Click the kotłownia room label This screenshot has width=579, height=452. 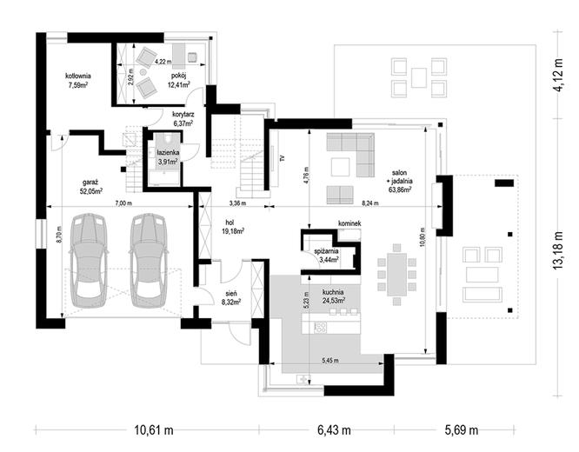pos(78,76)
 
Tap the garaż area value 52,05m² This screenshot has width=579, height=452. pos(91,190)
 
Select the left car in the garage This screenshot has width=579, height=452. pos(89,261)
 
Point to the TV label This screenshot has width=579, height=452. pos(282,158)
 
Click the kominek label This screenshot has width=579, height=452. pos(349,223)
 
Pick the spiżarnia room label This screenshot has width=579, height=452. pos(326,251)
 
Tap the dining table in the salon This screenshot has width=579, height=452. pos(397,275)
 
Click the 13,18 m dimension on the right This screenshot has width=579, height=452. pos(559,250)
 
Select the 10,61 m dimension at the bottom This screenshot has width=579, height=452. pos(154,430)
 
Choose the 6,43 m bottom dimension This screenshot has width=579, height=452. pos(334,430)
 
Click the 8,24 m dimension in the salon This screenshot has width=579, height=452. pos(370,203)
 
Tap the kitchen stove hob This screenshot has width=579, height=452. pos(320,327)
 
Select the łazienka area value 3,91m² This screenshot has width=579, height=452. pos(168,162)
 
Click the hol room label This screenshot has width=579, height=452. pos(230,223)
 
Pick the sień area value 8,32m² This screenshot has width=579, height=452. pos(231,302)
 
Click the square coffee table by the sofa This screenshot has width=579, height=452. pos(340,167)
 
